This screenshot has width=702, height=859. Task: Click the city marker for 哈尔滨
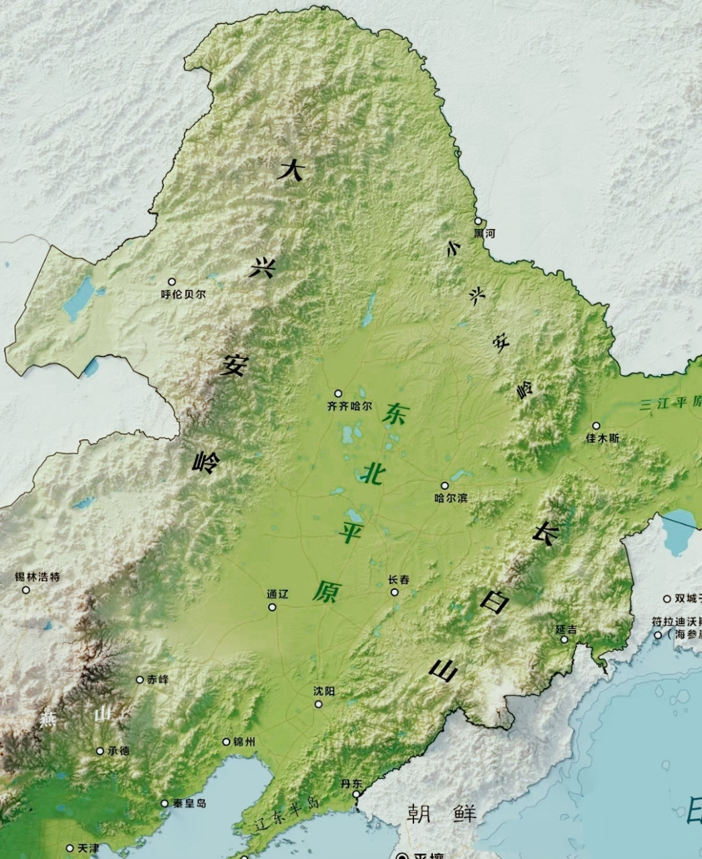point(444,485)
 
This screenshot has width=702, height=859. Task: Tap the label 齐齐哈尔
point(349,406)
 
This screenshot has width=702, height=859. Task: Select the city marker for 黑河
point(478,221)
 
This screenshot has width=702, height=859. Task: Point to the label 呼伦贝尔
point(183,294)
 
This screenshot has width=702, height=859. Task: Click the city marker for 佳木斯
point(596,425)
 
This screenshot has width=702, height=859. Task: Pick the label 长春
point(399,580)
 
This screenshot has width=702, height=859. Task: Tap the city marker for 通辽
point(272,607)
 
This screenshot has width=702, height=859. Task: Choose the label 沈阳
point(324,691)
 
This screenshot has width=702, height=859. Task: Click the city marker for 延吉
point(564,639)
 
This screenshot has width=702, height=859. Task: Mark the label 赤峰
point(158,679)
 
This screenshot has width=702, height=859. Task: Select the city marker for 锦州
point(226,742)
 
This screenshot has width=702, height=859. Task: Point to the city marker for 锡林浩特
point(26,590)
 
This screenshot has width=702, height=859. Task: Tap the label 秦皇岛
point(188,803)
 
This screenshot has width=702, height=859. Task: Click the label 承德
point(119,751)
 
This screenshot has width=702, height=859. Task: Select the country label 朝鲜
point(442,814)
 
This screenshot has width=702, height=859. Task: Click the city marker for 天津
point(70,848)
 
